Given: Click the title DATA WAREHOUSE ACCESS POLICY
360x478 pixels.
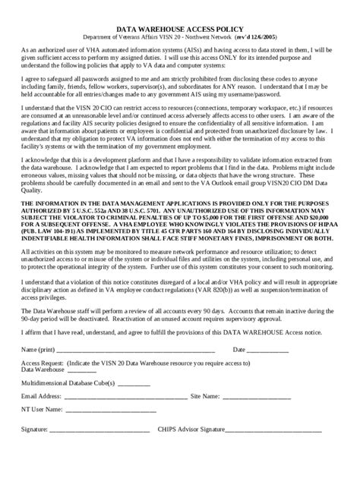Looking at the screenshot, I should [x=180, y=24].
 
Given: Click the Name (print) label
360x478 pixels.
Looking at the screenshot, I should [x=39, y=350].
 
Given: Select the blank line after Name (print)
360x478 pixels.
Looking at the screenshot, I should [x=137, y=351].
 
